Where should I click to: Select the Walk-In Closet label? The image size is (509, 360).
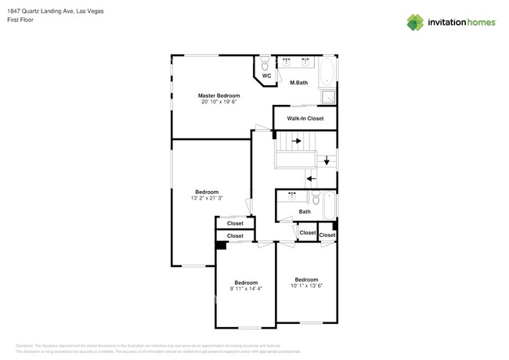(x=305, y=119)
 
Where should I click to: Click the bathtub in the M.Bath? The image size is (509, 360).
(x=329, y=71)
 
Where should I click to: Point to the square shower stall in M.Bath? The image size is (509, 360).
(x=330, y=98)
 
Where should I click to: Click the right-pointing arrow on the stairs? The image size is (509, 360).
(x=297, y=142)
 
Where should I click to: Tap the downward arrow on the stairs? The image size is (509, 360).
(x=327, y=160)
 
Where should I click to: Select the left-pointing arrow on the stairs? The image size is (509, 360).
(x=311, y=178)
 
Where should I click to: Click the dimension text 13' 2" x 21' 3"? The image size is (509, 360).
(x=207, y=199)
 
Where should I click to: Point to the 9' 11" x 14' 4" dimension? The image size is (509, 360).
(x=246, y=289)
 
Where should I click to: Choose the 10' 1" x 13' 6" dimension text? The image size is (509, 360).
(x=306, y=286)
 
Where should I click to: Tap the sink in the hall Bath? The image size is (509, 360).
(x=292, y=195)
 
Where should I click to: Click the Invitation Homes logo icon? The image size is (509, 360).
(x=415, y=23)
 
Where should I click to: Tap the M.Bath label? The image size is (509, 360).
(x=298, y=82)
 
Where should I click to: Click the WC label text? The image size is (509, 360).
(x=266, y=76)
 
